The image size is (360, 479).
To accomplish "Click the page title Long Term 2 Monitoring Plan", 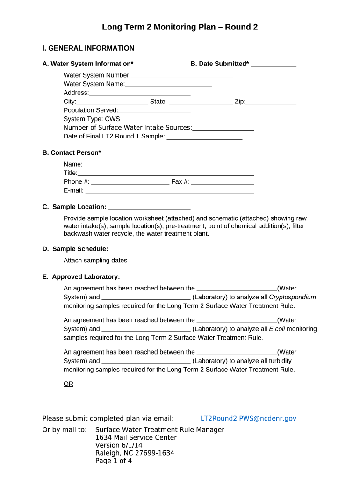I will [x=180, y=27].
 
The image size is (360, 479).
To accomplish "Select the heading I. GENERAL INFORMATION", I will [x=88, y=48].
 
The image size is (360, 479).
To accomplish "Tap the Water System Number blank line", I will [x=182, y=75].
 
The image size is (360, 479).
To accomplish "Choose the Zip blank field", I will [x=271, y=102].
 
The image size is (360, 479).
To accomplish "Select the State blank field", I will [x=201, y=102].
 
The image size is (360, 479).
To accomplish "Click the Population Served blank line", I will [x=154, y=110].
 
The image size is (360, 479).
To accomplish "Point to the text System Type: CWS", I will [x=92, y=119].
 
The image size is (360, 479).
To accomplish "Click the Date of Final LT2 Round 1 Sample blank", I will [x=204, y=137].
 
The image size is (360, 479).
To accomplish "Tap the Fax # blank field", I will [x=222, y=182].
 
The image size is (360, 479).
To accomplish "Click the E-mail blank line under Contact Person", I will [x=170, y=191].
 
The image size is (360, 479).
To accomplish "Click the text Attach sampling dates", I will [x=95, y=261].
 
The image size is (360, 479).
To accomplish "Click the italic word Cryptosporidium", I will [x=293, y=297].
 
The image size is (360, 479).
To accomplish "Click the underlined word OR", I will [x=68, y=384].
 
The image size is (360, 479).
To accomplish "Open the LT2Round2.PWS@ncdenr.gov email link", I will [x=248, y=418].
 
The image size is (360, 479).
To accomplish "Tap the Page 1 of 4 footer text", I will [x=114, y=461].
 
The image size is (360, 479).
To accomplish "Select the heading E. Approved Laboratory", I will [x=81, y=277].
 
